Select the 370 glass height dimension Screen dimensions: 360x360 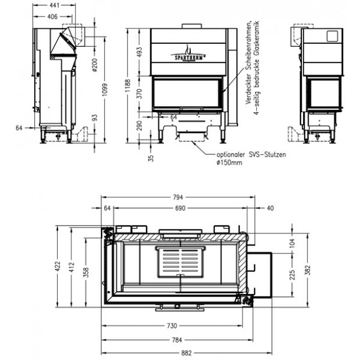(141, 94)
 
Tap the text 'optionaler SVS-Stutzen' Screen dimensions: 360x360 (251, 154)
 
